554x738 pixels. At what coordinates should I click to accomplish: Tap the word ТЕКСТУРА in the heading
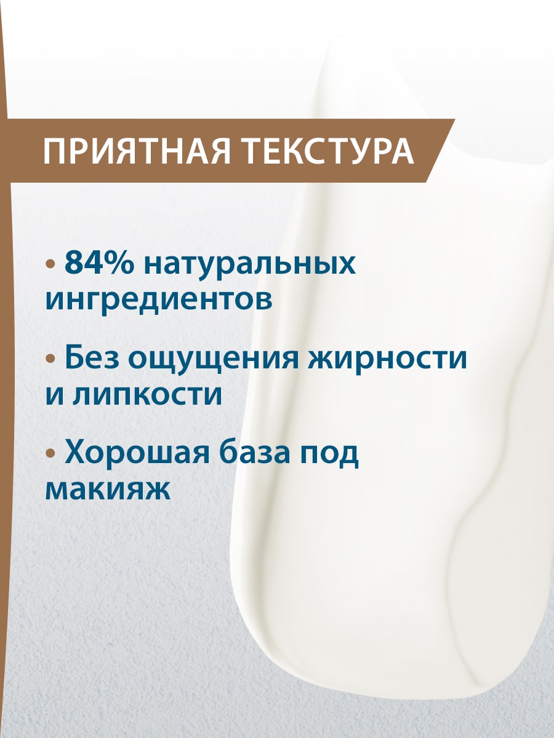(327, 151)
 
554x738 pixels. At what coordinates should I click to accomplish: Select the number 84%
(99, 264)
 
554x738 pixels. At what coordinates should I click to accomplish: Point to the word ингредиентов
(159, 301)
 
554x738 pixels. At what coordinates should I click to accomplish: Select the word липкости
(148, 394)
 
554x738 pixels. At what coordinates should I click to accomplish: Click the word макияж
(107, 490)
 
